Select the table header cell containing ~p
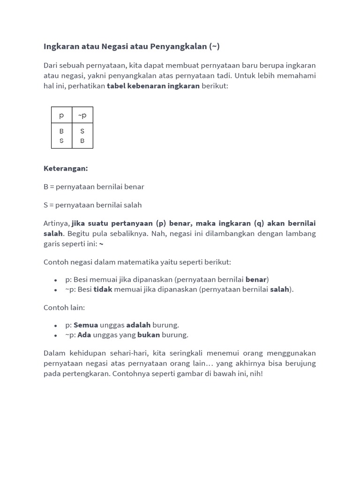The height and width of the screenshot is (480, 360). click(x=82, y=115)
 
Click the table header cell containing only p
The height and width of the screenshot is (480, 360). click(x=61, y=115)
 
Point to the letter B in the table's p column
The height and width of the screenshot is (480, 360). click(x=61, y=131)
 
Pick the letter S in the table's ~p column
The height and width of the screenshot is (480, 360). click(x=82, y=131)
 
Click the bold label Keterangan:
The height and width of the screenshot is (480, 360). click(x=66, y=168)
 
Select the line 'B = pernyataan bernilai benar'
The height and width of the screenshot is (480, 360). click(x=94, y=187)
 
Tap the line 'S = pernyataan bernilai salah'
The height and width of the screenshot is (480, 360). click(x=92, y=205)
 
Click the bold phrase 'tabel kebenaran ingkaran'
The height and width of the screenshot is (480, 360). click(x=153, y=86)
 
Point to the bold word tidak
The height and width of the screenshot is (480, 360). click(x=103, y=289)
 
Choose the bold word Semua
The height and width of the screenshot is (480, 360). click(x=86, y=325)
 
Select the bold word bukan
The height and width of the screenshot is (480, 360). click(x=149, y=335)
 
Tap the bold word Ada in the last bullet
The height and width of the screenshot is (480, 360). click(x=84, y=335)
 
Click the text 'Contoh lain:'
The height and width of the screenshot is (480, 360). click(x=64, y=307)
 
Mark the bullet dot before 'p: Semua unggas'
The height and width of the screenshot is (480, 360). click(x=55, y=325)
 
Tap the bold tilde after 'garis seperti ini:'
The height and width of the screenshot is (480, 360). click(x=101, y=244)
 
